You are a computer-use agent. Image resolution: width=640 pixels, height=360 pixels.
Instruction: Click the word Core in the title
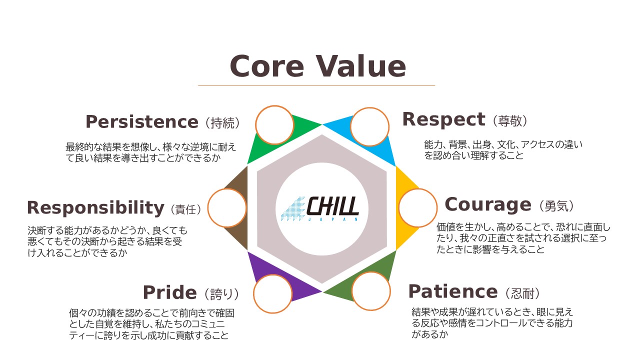pyautogui.click(x=267, y=66)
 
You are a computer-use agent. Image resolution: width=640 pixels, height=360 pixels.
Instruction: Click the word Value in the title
pyautogui.click(x=360, y=66)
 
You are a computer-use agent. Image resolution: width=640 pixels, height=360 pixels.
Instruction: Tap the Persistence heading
pyautogui.click(x=142, y=122)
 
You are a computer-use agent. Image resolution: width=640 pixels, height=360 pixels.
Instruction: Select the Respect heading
pyautogui.click(x=443, y=120)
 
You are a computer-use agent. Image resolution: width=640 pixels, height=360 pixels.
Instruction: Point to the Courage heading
pyautogui.click(x=488, y=205)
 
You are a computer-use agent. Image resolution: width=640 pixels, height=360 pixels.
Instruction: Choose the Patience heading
pyautogui.click(x=453, y=291)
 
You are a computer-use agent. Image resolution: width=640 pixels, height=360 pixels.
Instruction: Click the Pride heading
pyautogui.click(x=169, y=293)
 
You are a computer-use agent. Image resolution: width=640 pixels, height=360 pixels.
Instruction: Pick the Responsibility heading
pyautogui.click(x=95, y=208)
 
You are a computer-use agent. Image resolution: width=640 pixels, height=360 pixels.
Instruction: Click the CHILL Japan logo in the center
pyautogui.click(x=319, y=208)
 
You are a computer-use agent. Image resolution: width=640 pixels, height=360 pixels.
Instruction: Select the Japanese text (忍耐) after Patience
pyautogui.click(x=522, y=293)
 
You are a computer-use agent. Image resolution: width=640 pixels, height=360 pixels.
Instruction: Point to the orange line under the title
pyautogui.click(x=316, y=85)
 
